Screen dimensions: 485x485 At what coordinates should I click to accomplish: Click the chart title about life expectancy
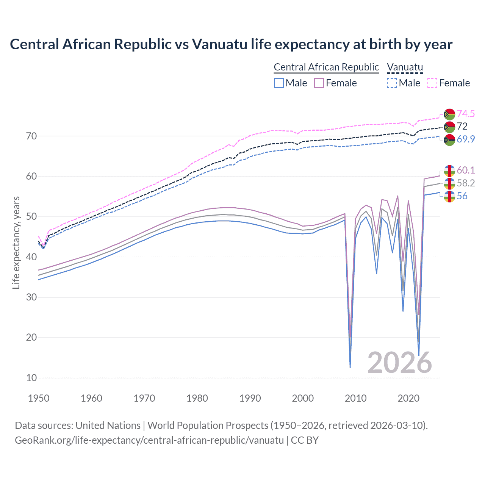[x=231, y=44]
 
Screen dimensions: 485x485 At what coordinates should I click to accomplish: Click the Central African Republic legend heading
[x=326, y=67]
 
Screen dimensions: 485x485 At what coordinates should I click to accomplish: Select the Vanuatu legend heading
[x=405, y=67]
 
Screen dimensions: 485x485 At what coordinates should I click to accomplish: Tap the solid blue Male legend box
[x=279, y=83]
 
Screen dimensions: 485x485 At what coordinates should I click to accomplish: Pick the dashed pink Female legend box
[x=432, y=83]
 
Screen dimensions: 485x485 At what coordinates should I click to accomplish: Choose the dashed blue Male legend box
[x=392, y=83]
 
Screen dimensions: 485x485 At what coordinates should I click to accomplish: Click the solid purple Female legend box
[x=319, y=83]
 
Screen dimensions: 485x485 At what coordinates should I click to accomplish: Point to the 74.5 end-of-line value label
[x=466, y=114]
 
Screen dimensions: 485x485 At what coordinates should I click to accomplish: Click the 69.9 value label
[x=466, y=139]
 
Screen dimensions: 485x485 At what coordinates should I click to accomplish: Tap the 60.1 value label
[x=466, y=170]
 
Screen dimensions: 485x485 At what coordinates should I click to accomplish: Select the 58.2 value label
[x=466, y=183]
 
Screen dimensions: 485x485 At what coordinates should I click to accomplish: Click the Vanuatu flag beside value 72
[x=449, y=127]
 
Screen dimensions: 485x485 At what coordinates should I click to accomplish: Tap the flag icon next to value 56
[x=449, y=196]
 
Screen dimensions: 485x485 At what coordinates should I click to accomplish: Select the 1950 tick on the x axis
[x=39, y=398]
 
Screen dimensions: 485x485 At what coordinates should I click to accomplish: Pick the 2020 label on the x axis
[x=408, y=398]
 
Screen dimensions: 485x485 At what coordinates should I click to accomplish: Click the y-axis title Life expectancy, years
[x=16, y=242]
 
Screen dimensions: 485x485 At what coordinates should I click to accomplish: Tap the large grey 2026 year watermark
[x=399, y=363]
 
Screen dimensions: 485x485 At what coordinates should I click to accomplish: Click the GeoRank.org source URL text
[x=149, y=440]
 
